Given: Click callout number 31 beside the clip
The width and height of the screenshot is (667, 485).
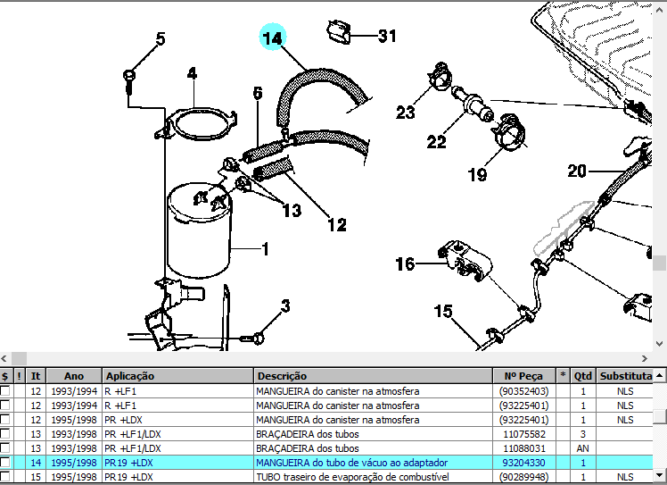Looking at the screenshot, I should coord(386,37).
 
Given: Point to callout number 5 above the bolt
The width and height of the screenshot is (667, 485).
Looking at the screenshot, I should coord(161,39).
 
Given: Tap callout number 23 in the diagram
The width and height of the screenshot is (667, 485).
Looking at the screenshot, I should coord(406,113).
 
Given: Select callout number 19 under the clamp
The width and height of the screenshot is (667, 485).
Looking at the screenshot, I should coord(478,174).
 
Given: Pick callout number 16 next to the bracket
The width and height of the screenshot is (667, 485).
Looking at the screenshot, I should coord(406,263).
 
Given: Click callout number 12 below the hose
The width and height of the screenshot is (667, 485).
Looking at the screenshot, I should coord(336,225).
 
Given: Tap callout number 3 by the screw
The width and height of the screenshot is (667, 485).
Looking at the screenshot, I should coord(285,306).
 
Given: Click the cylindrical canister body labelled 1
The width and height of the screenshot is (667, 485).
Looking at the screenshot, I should coord(200,232).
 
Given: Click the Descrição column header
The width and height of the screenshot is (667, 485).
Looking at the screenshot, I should coord(282,376).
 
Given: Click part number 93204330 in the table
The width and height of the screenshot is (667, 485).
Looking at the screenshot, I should coord(524,463).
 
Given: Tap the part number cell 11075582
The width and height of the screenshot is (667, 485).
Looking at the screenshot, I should coord(524,434).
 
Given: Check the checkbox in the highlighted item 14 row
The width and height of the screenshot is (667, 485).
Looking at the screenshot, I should coord(5,463).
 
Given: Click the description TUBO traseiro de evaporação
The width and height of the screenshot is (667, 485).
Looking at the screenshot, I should coord(351,477).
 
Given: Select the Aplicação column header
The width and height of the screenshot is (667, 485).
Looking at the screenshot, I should coord(130,376).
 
